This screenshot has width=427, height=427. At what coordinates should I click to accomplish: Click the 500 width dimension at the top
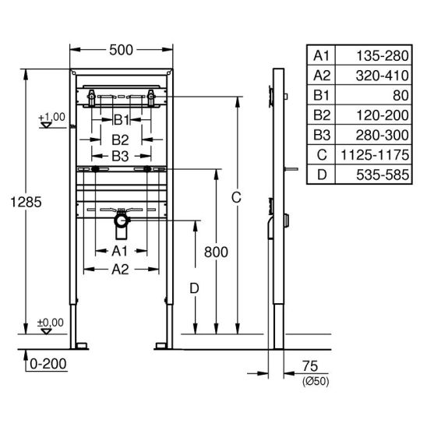[121, 50]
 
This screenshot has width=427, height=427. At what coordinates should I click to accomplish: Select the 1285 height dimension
[26, 202]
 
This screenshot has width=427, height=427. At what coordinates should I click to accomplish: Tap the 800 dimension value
[216, 252]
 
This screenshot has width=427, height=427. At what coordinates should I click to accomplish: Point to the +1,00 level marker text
[52, 117]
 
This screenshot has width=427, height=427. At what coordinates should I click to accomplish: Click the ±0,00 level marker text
[51, 323]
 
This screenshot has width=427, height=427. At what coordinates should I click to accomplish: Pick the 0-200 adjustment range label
[48, 364]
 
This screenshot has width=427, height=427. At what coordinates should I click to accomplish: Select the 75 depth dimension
[310, 366]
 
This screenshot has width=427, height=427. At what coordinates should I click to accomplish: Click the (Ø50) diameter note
[316, 381]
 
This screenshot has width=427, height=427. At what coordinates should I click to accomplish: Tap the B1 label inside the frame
[122, 120]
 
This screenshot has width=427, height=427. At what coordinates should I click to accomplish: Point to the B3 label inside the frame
[120, 157]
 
